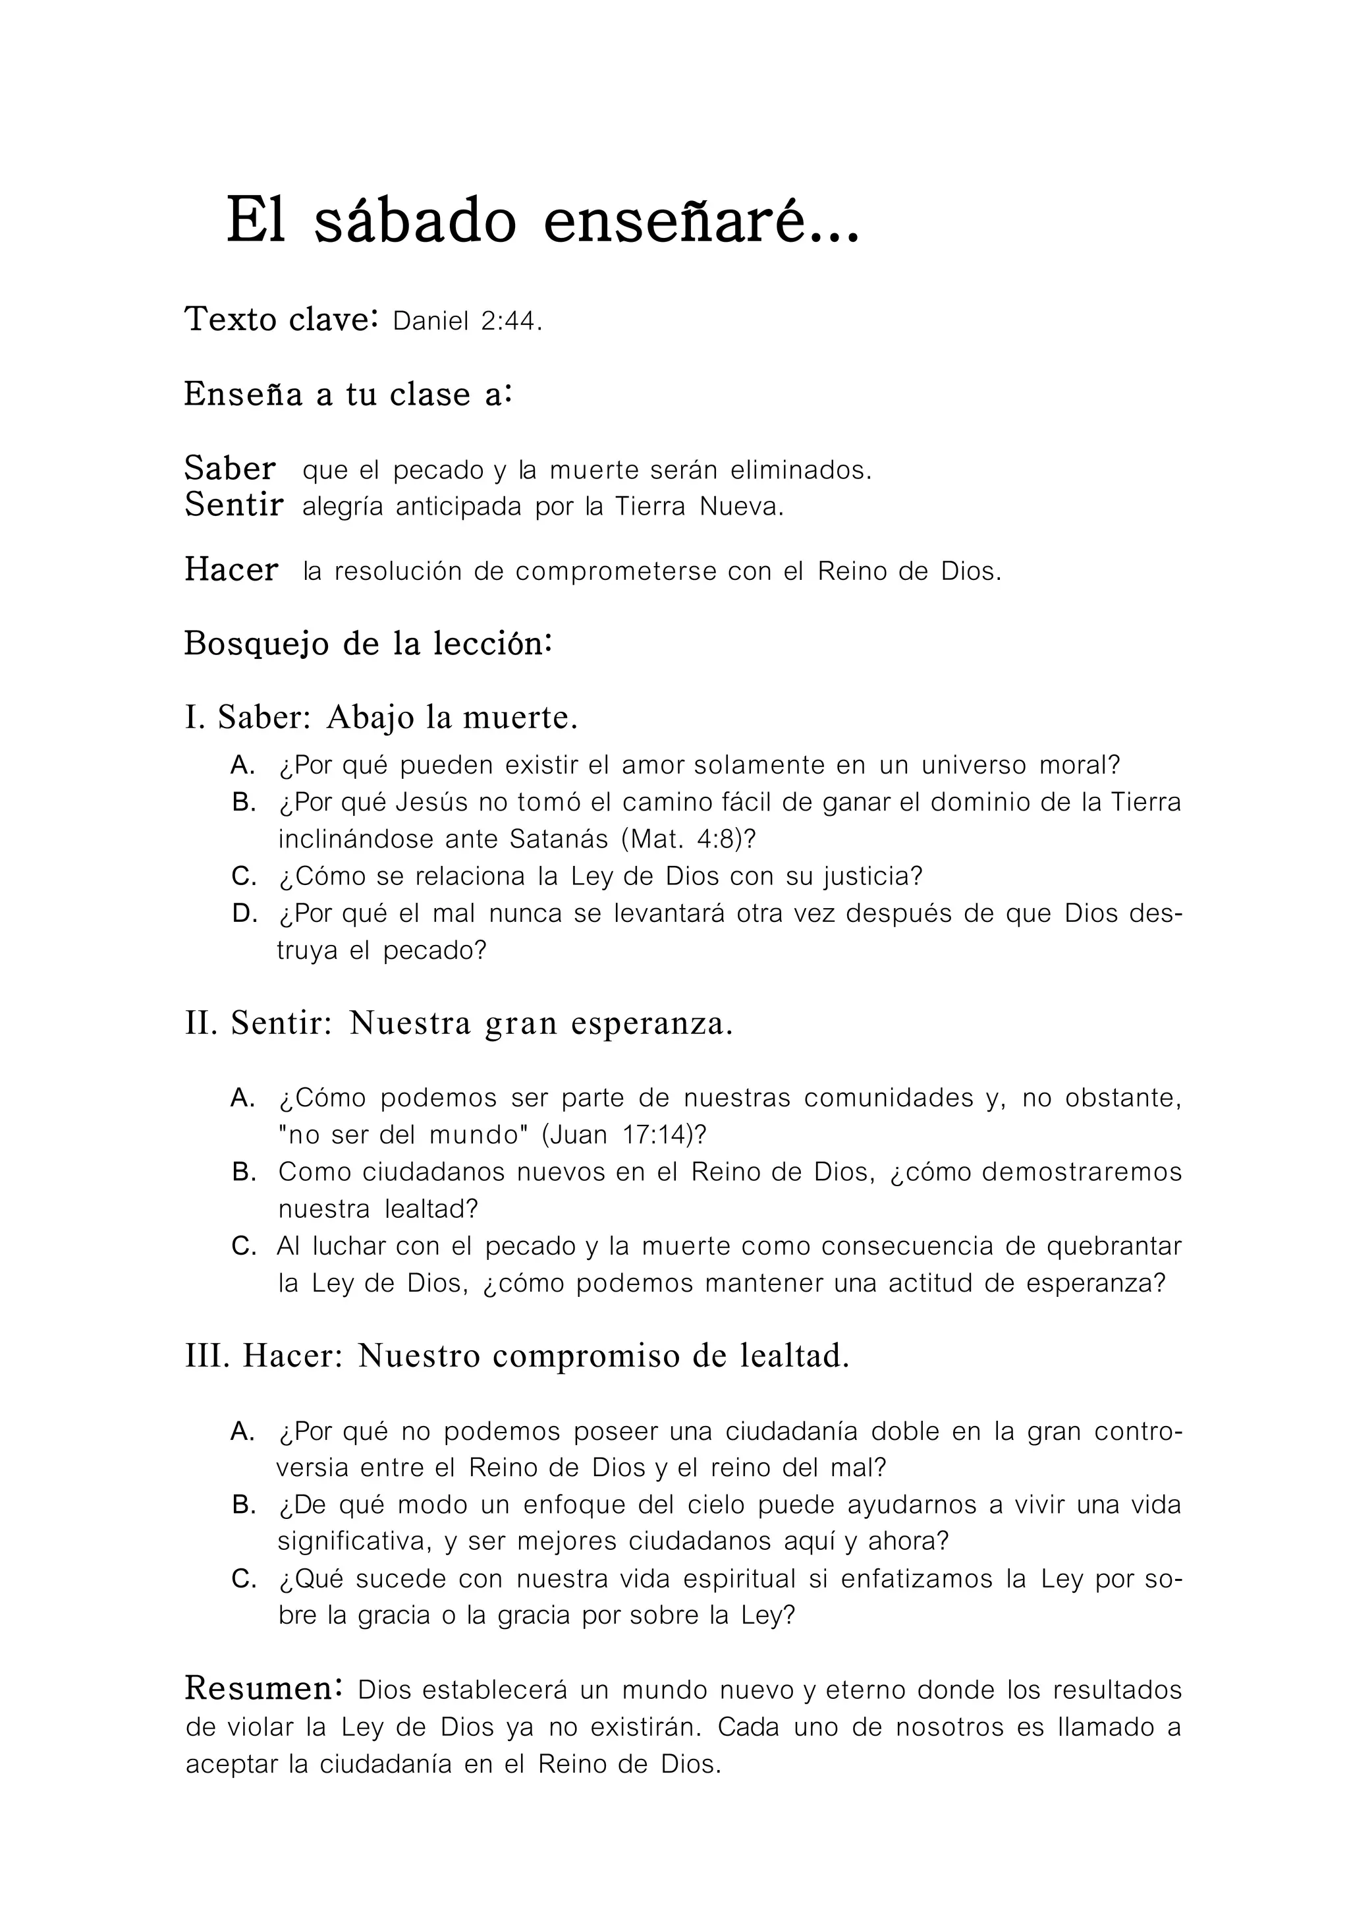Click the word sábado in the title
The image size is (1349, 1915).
414,222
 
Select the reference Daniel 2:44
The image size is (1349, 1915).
467,321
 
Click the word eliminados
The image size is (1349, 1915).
800,471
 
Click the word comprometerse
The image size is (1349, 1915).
616,571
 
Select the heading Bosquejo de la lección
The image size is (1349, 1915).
368,643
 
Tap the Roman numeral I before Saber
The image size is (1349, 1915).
192,717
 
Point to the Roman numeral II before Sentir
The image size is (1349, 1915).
201,1023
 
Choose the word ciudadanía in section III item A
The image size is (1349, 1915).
790,1431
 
